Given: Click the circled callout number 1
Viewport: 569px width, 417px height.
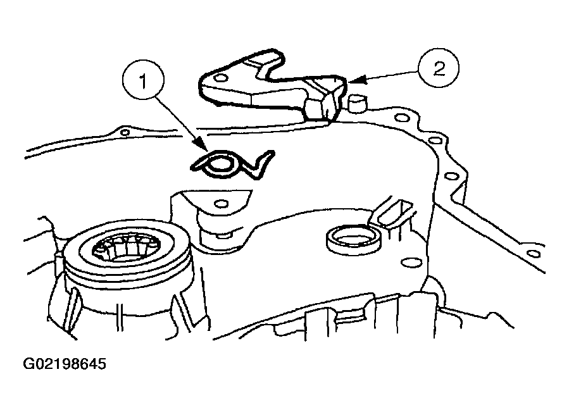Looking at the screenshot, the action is [144, 80].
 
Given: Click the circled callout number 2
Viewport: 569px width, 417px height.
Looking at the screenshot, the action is [439, 68].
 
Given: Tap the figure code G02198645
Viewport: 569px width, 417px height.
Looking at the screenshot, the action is [65, 364].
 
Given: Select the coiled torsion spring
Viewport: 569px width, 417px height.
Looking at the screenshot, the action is [232, 165].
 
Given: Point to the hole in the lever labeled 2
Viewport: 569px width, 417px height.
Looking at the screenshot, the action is [220, 78].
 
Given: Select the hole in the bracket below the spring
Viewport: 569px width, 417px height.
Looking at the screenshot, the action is [221, 203].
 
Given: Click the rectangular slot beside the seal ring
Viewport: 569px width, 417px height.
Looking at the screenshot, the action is [396, 213].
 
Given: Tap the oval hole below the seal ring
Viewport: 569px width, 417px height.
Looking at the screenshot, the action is [411, 263].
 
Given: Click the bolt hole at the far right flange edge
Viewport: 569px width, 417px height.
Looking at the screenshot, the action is [533, 253].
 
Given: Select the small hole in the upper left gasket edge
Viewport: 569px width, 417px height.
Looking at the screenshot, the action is [125, 132].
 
